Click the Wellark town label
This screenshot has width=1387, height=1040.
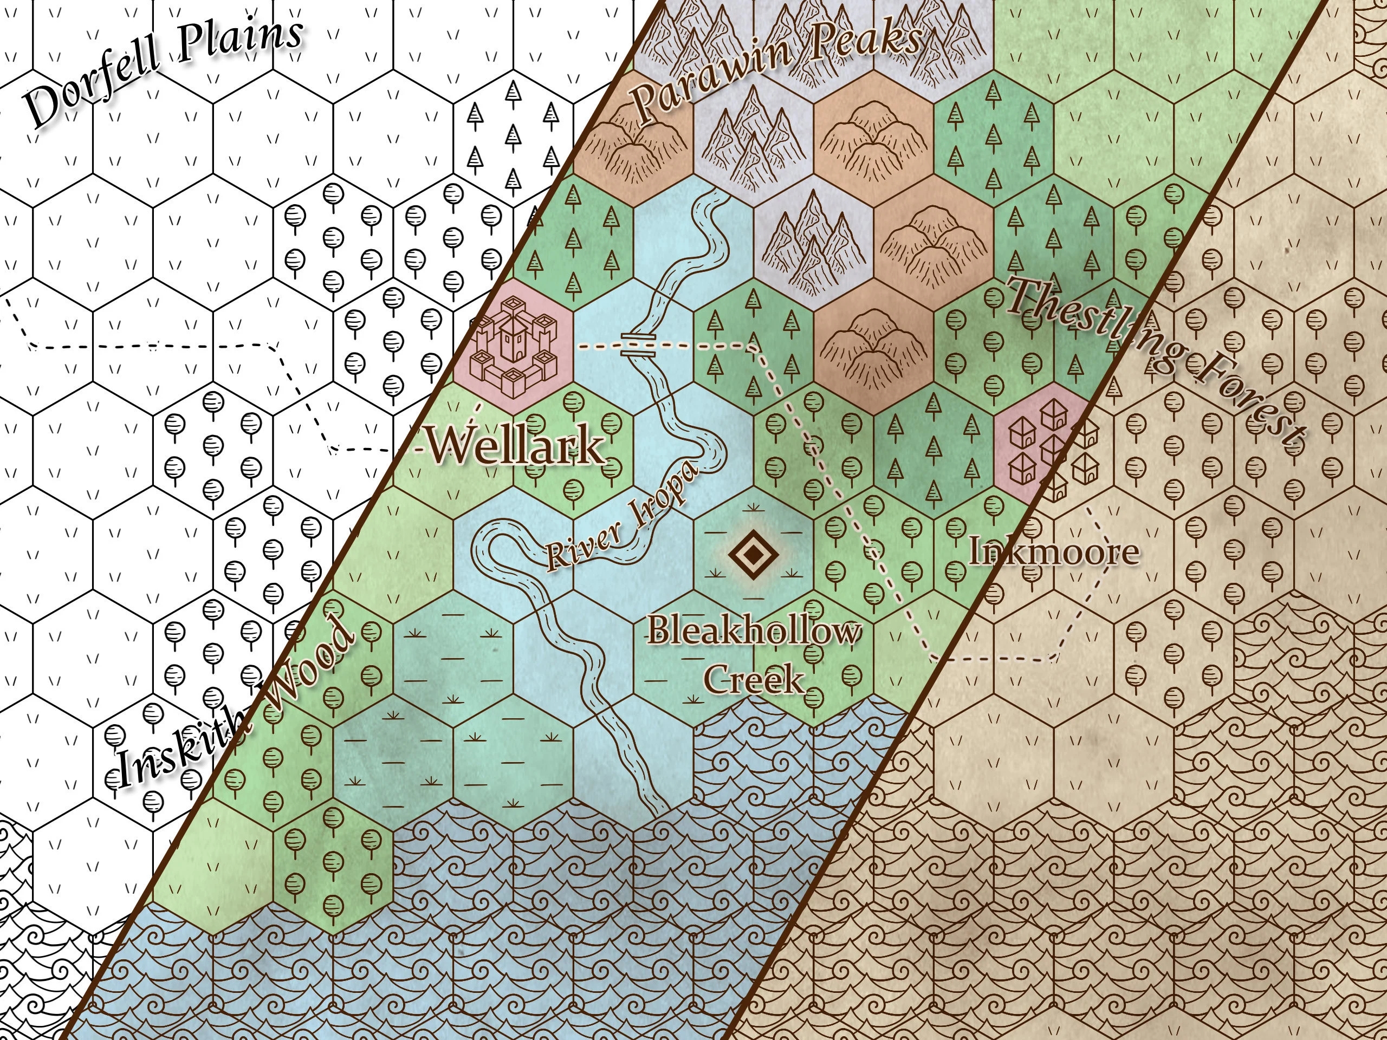coord(515,446)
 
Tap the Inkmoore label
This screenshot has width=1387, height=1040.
coord(1053,551)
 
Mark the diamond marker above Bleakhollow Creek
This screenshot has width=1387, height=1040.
coord(753,555)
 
